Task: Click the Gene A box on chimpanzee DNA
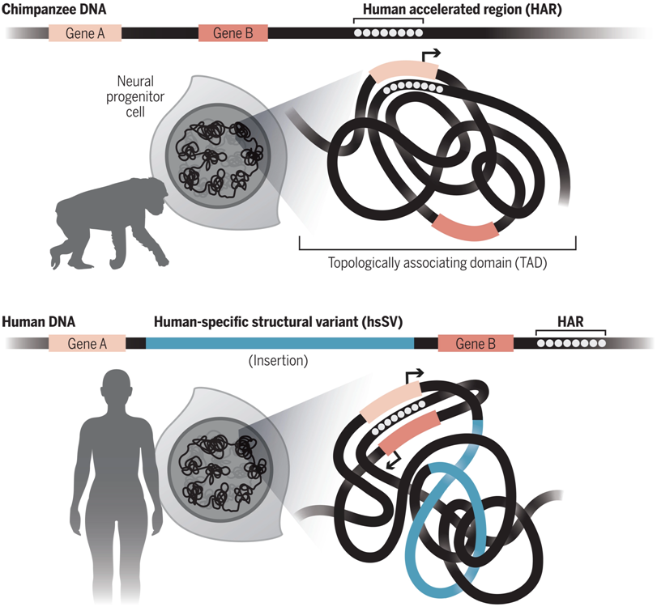[x=84, y=33]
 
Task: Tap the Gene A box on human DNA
[x=87, y=343]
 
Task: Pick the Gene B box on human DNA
[x=476, y=343]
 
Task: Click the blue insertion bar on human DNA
[x=279, y=343]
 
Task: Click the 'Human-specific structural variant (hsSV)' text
[x=279, y=320]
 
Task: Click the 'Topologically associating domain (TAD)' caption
[x=437, y=262]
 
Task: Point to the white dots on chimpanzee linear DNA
[x=388, y=34]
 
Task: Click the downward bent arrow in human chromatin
[x=391, y=461]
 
